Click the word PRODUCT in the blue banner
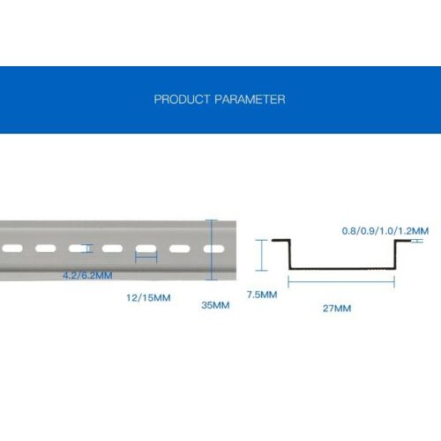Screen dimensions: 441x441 click(182, 100)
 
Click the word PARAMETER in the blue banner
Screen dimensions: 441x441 click(250, 100)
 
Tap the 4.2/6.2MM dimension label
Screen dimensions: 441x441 click(87, 275)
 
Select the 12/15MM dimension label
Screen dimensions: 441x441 click(148, 298)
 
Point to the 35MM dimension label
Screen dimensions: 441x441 click(215, 305)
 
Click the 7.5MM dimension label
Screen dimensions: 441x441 click(262, 295)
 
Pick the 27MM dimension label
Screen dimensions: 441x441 click(337, 309)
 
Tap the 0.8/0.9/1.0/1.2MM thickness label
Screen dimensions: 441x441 click(385, 231)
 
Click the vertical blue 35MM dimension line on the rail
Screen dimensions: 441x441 click(212, 250)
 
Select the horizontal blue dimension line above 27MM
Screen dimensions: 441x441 click(341, 281)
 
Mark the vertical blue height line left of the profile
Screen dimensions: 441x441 click(261, 255)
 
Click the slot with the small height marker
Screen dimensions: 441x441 click(79, 249)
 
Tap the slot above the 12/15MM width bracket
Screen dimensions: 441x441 click(146, 249)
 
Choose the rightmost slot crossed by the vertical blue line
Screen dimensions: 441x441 click(214, 250)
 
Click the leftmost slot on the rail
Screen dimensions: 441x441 click(12, 249)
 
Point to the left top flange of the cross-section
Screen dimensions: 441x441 click(281, 241)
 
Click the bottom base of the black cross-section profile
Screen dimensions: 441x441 click(342, 269)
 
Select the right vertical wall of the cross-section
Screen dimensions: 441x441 click(395, 255)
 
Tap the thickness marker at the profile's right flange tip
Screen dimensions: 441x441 click(417, 241)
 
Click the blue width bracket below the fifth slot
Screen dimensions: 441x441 click(146, 258)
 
